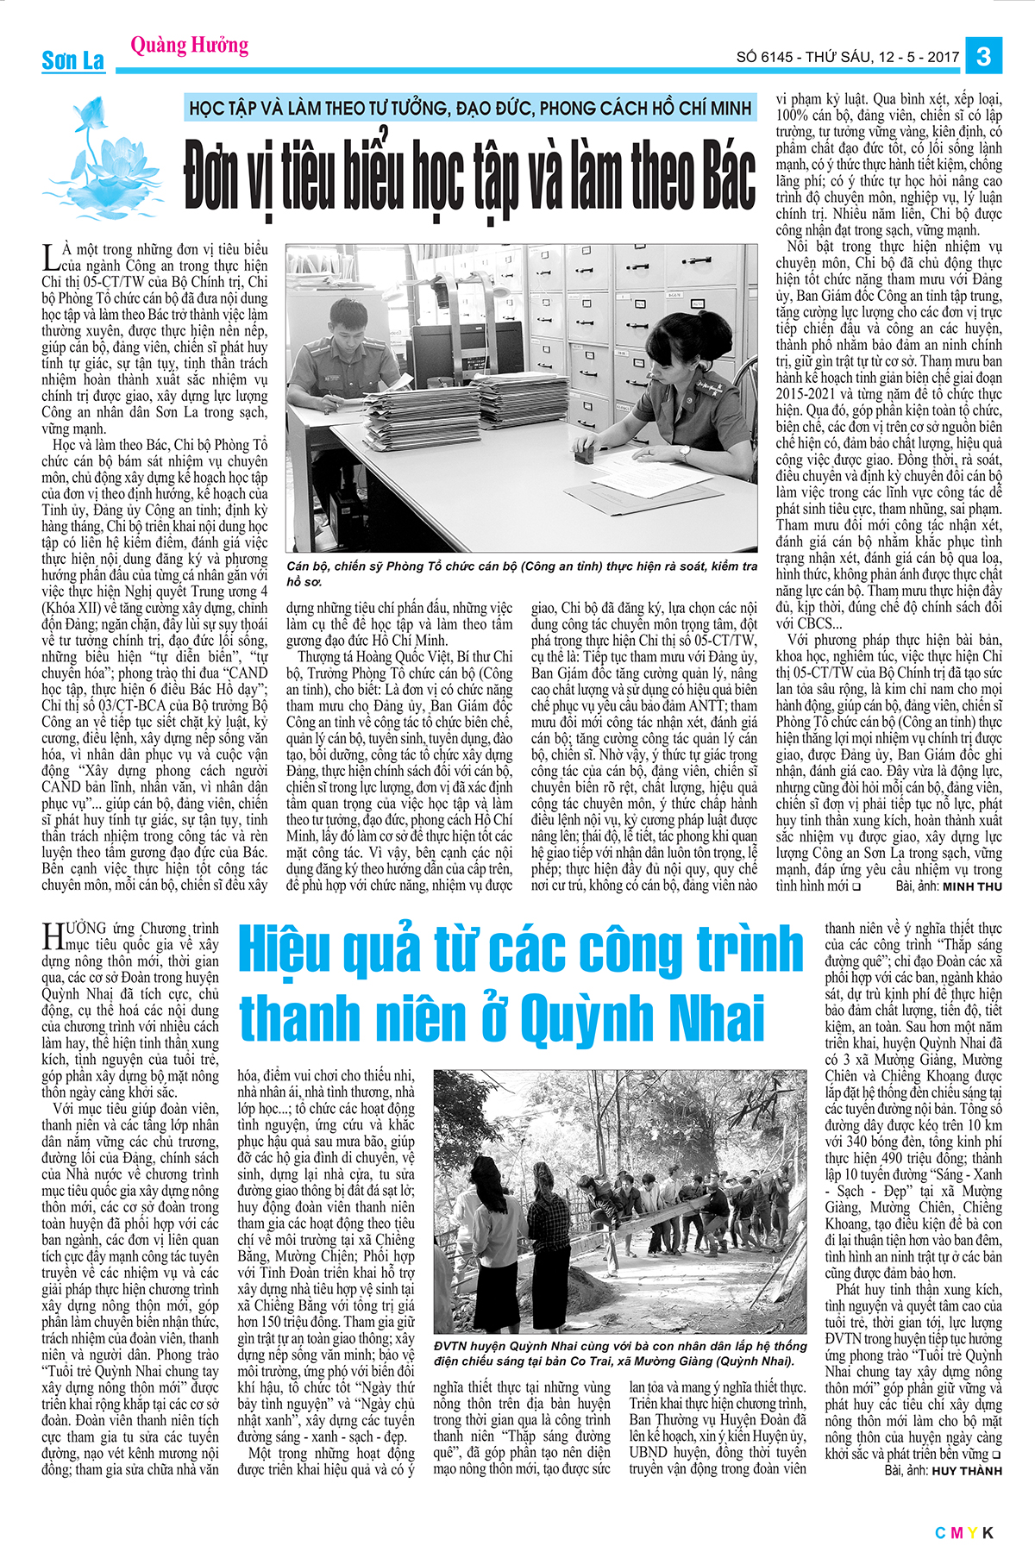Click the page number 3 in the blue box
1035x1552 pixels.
tap(983, 57)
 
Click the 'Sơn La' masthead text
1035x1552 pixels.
tap(72, 60)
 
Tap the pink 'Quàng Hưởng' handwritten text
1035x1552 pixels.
tap(190, 44)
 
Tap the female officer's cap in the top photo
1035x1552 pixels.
tap(672, 329)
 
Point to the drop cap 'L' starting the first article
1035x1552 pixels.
tap(50, 256)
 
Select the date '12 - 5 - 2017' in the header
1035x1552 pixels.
tap(919, 58)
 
